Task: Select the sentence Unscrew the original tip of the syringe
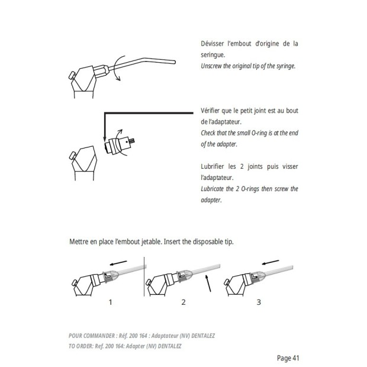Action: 249,66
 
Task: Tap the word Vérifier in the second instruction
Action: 214,111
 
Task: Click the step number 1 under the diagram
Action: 111,302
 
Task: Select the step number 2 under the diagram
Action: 183,302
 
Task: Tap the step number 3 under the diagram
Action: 258,302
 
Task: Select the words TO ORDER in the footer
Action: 84,346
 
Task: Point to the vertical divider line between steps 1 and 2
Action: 146,278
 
